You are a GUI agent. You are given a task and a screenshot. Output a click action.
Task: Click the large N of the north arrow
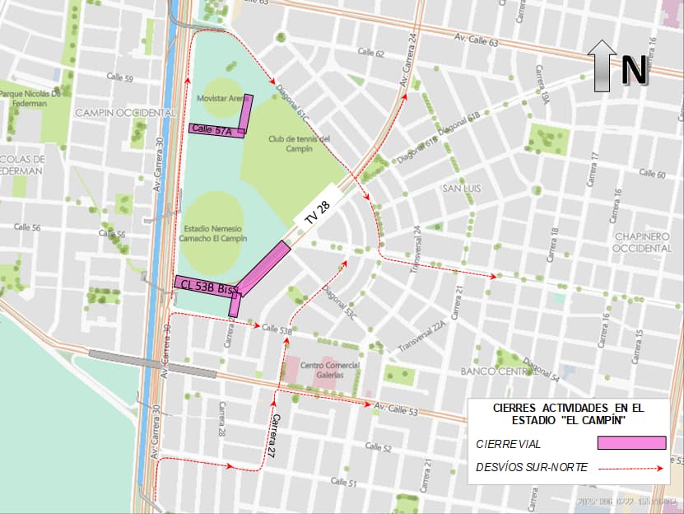click(x=634, y=69)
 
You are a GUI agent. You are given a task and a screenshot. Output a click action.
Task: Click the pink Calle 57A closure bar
click(x=216, y=129)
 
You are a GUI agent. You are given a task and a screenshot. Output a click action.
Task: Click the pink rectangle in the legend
click(x=631, y=443)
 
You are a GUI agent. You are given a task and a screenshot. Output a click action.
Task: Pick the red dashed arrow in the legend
click(x=631, y=469)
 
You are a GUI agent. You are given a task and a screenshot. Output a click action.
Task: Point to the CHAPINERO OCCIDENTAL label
click(x=643, y=242)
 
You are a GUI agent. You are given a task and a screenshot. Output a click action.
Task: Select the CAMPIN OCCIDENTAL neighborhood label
click(x=125, y=112)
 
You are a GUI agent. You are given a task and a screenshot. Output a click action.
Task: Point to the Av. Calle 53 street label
click(x=396, y=409)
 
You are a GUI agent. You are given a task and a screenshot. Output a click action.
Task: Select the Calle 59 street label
click(x=119, y=78)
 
